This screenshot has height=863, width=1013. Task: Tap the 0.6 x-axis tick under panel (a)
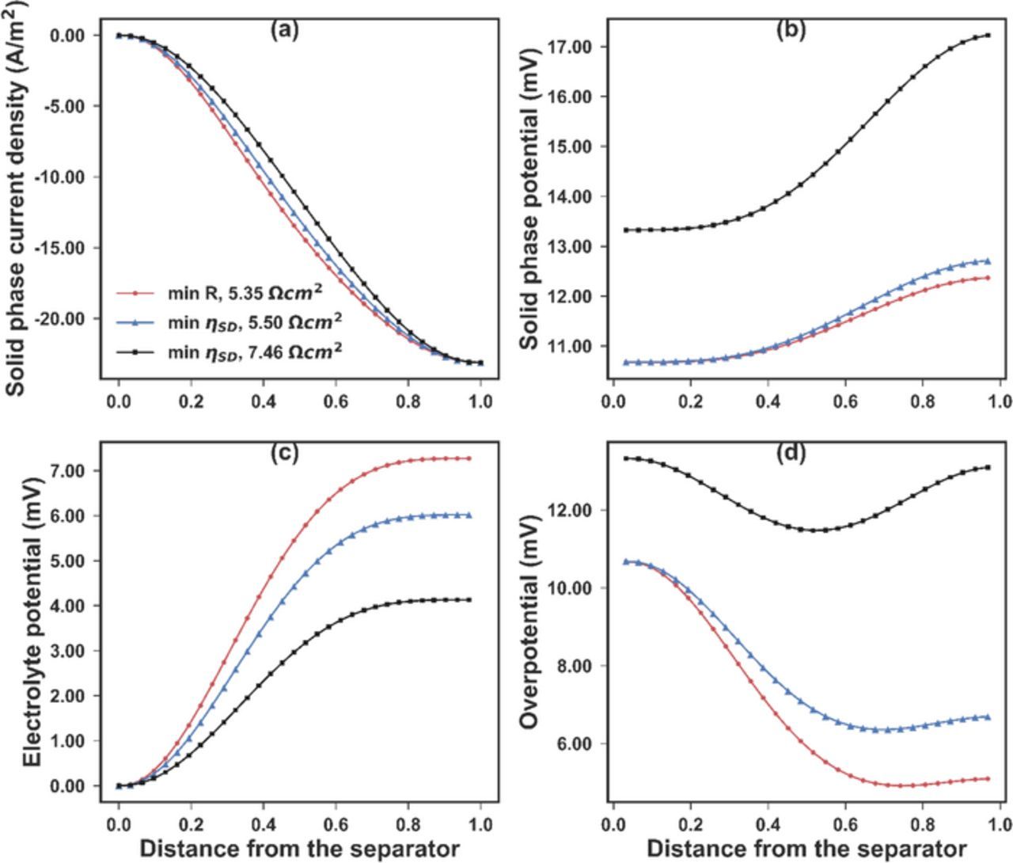point(336,402)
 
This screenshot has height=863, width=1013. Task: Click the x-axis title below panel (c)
point(293,848)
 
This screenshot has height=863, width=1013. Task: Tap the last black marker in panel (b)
point(988,35)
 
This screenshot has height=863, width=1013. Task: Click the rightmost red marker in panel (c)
point(469,458)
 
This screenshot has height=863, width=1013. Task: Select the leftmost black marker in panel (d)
point(626,458)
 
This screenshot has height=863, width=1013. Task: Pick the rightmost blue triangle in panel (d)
point(988,717)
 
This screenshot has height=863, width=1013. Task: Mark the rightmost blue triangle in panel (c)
point(469,515)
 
